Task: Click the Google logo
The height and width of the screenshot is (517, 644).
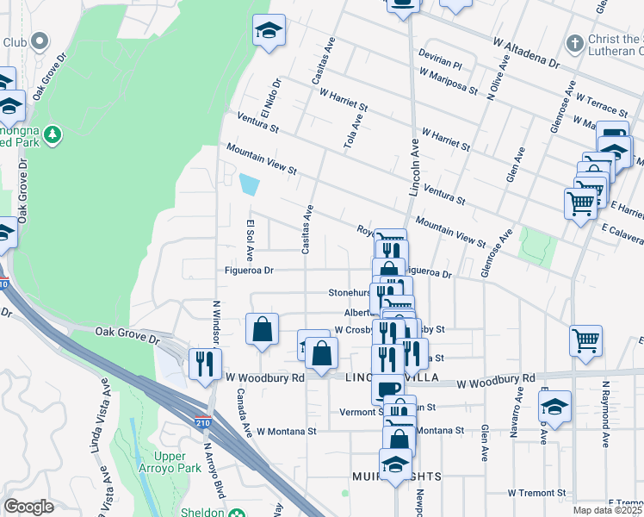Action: (x=28, y=508)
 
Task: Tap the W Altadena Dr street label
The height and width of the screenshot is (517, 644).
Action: (x=527, y=53)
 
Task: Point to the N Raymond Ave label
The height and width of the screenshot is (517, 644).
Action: (x=606, y=414)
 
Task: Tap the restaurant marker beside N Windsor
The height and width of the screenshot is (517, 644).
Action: (x=205, y=363)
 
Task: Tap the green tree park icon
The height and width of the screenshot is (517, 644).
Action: (x=53, y=134)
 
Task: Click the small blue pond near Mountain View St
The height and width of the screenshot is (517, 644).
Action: (x=249, y=184)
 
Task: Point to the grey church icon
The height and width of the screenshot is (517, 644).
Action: (x=575, y=42)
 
